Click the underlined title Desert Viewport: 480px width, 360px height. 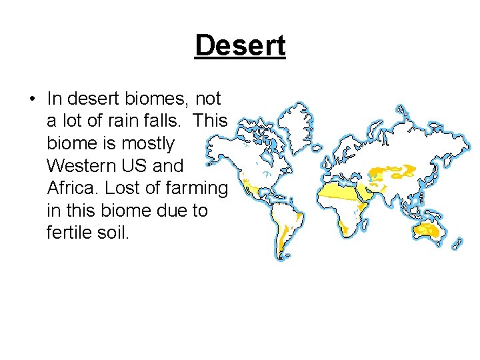[x=240, y=45]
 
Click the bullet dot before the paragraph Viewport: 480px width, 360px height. [x=31, y=100]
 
